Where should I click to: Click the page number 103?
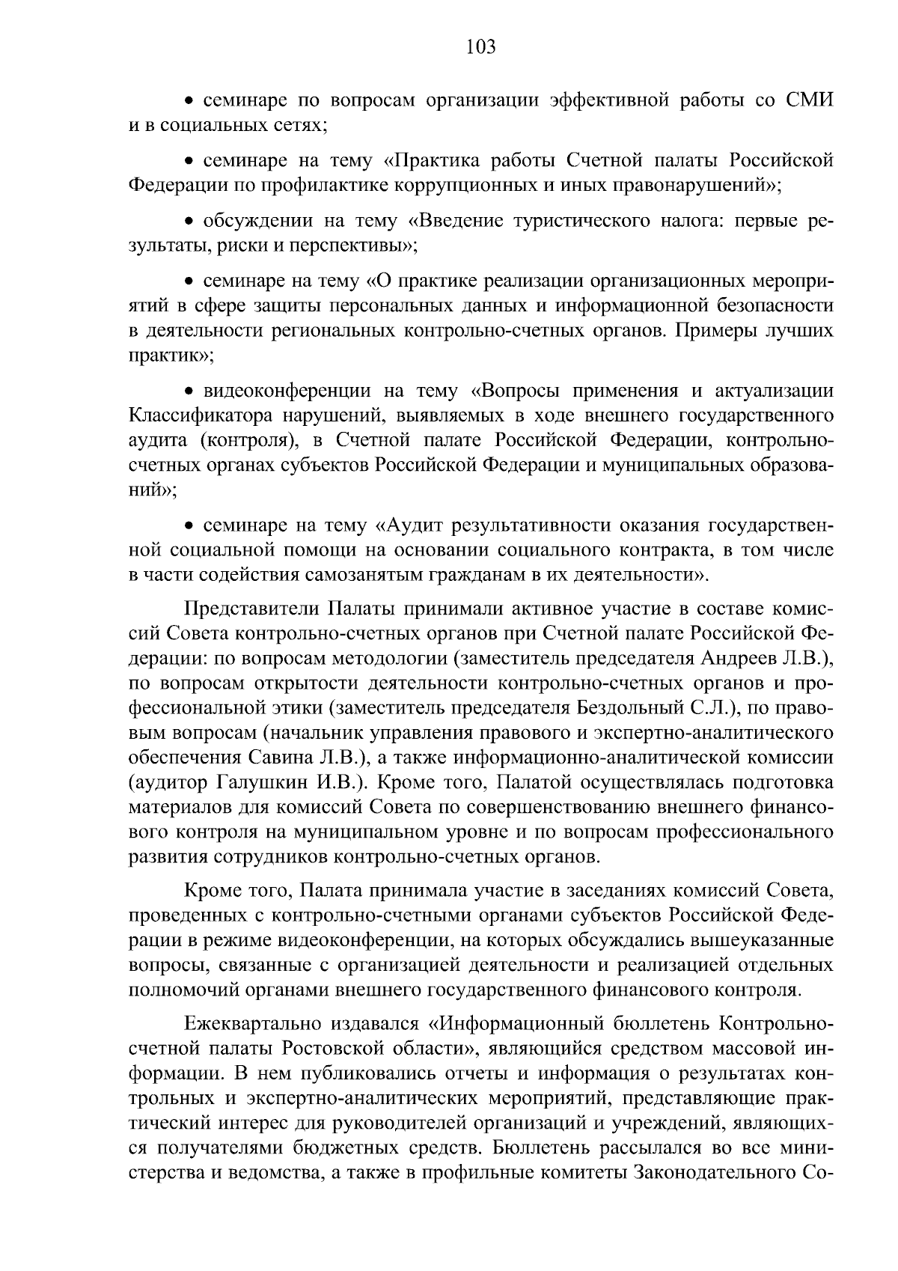coord(480,48)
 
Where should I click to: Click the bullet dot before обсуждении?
coord(189,222)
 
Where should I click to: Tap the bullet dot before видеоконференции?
coord(189,391)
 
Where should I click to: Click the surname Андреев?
coord(749,658)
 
